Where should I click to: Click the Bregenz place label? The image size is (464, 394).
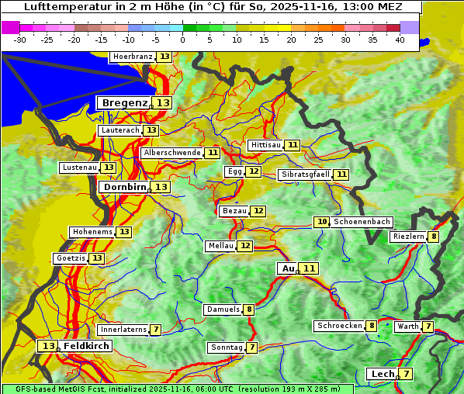tap(124, 102)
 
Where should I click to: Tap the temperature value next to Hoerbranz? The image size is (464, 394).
tap(164, 57)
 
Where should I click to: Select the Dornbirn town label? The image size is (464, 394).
tap(123, 187)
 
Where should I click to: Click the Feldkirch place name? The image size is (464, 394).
tap(86, 346)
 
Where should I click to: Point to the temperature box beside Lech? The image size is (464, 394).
tap(405, 374)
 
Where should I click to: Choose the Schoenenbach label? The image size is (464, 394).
tap(362, 222)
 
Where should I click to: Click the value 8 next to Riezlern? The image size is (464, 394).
tap(434, 237)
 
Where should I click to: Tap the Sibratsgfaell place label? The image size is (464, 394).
tap(306, 175)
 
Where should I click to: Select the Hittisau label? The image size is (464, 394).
tap(265, 145)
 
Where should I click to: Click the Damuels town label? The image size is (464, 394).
tap(222, 309)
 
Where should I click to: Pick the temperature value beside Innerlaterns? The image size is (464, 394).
tap(155, 330)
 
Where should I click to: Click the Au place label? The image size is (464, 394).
tap(288, 268)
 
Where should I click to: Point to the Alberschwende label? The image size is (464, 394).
tap(172, 153)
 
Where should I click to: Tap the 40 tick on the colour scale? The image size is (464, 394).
tap(399, 40)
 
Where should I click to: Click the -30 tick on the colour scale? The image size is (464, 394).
tap(20, 40)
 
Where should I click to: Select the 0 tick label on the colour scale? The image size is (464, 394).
tap(182, 40)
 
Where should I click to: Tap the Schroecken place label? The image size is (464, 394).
tap(340, 326)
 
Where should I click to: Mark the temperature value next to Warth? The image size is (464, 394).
tap(428, 327)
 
